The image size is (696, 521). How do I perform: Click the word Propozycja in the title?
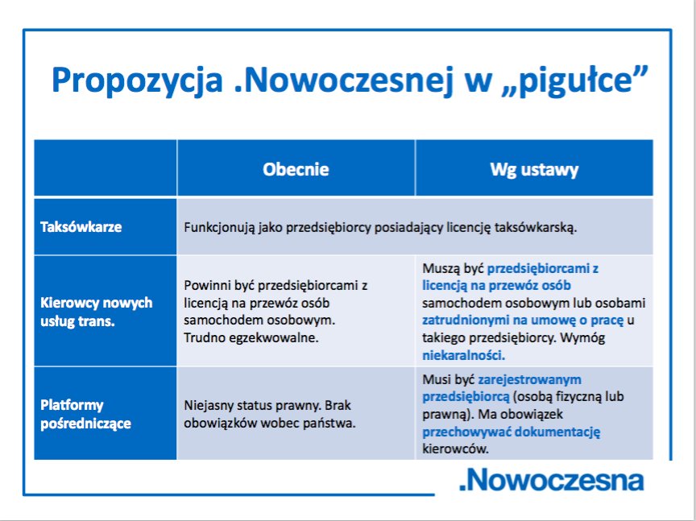pos(137,81)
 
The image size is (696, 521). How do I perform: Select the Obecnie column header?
pos(296,169)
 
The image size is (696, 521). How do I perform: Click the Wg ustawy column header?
pos(534,170)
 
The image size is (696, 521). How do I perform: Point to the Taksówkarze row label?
pos(81,227)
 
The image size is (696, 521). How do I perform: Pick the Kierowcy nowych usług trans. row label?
pos(97,312)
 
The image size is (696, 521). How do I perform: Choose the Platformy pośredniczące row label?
pos(85,414)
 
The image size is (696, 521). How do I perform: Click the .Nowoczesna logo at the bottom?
pos(551,480)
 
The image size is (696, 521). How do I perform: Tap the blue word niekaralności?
pos(463,355)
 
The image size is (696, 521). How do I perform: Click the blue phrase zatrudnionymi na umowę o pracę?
pos(523,320)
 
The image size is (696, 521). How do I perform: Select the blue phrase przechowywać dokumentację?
pos(511,432)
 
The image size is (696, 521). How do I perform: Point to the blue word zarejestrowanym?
pos(529,380)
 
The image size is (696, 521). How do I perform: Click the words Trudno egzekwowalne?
pos(251,337)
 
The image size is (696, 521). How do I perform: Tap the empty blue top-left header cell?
pos(106,167)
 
